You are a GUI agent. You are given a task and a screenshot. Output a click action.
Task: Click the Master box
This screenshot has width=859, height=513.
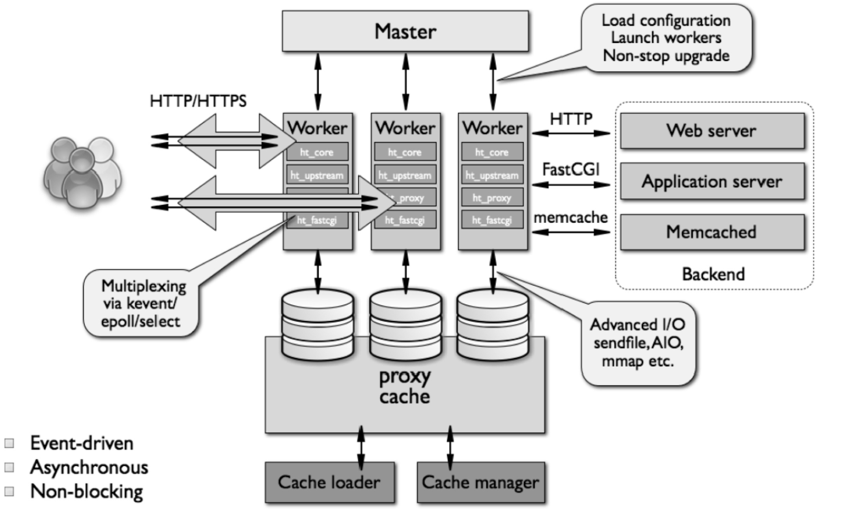(405, 31)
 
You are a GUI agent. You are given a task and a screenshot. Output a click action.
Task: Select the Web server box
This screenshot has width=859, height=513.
(712, 131)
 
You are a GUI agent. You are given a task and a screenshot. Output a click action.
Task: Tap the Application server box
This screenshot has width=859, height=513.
(712, 181)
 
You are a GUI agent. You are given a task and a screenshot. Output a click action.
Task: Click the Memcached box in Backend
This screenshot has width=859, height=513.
(712, 232)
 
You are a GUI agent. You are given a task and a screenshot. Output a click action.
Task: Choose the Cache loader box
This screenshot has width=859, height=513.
(329, 482)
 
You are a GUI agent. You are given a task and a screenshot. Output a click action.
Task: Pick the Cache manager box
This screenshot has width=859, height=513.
(480, 482)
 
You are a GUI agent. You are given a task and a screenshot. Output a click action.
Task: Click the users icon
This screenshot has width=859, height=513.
(82, 172)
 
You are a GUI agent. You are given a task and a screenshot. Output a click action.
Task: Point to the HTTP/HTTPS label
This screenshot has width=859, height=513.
(198, 101)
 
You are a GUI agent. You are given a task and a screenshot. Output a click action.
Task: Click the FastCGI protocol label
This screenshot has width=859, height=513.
(571, 169)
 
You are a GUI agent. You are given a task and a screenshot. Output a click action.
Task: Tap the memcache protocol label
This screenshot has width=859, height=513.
(571, 217)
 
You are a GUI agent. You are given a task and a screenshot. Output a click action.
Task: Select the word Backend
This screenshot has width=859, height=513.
(713, 274)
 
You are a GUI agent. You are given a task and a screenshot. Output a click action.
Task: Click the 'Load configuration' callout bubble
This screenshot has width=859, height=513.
(666, 38)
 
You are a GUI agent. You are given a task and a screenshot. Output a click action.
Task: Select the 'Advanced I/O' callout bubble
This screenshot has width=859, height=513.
(638, 343)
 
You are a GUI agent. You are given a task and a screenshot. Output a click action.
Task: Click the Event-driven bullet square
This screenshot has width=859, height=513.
(9, 443)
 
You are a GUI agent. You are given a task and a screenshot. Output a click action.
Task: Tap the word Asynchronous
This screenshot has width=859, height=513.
(89, 467)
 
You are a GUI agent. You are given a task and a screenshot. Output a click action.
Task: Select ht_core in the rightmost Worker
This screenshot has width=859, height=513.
(492, 152)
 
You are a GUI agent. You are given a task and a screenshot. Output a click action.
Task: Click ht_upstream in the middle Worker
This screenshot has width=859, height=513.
(405, 175)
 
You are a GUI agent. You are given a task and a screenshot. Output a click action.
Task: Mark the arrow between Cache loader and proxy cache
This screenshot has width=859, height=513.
(361, 448)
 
